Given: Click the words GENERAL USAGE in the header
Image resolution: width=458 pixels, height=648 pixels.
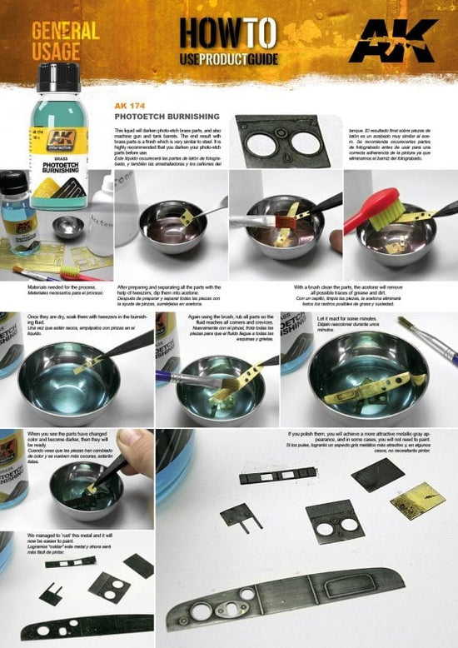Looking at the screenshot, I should [x=65, y=41].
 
